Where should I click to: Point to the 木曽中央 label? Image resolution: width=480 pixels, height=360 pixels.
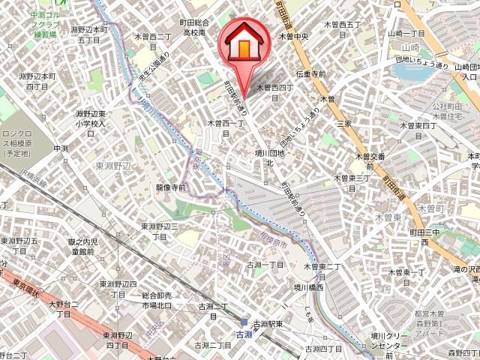pyautogui.click(x=295, y=35)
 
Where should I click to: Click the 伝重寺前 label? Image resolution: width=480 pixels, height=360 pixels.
pyautogui.click(x=310, y=74)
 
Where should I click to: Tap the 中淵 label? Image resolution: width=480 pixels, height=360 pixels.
pyautogui.click(x=61, y=149)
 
